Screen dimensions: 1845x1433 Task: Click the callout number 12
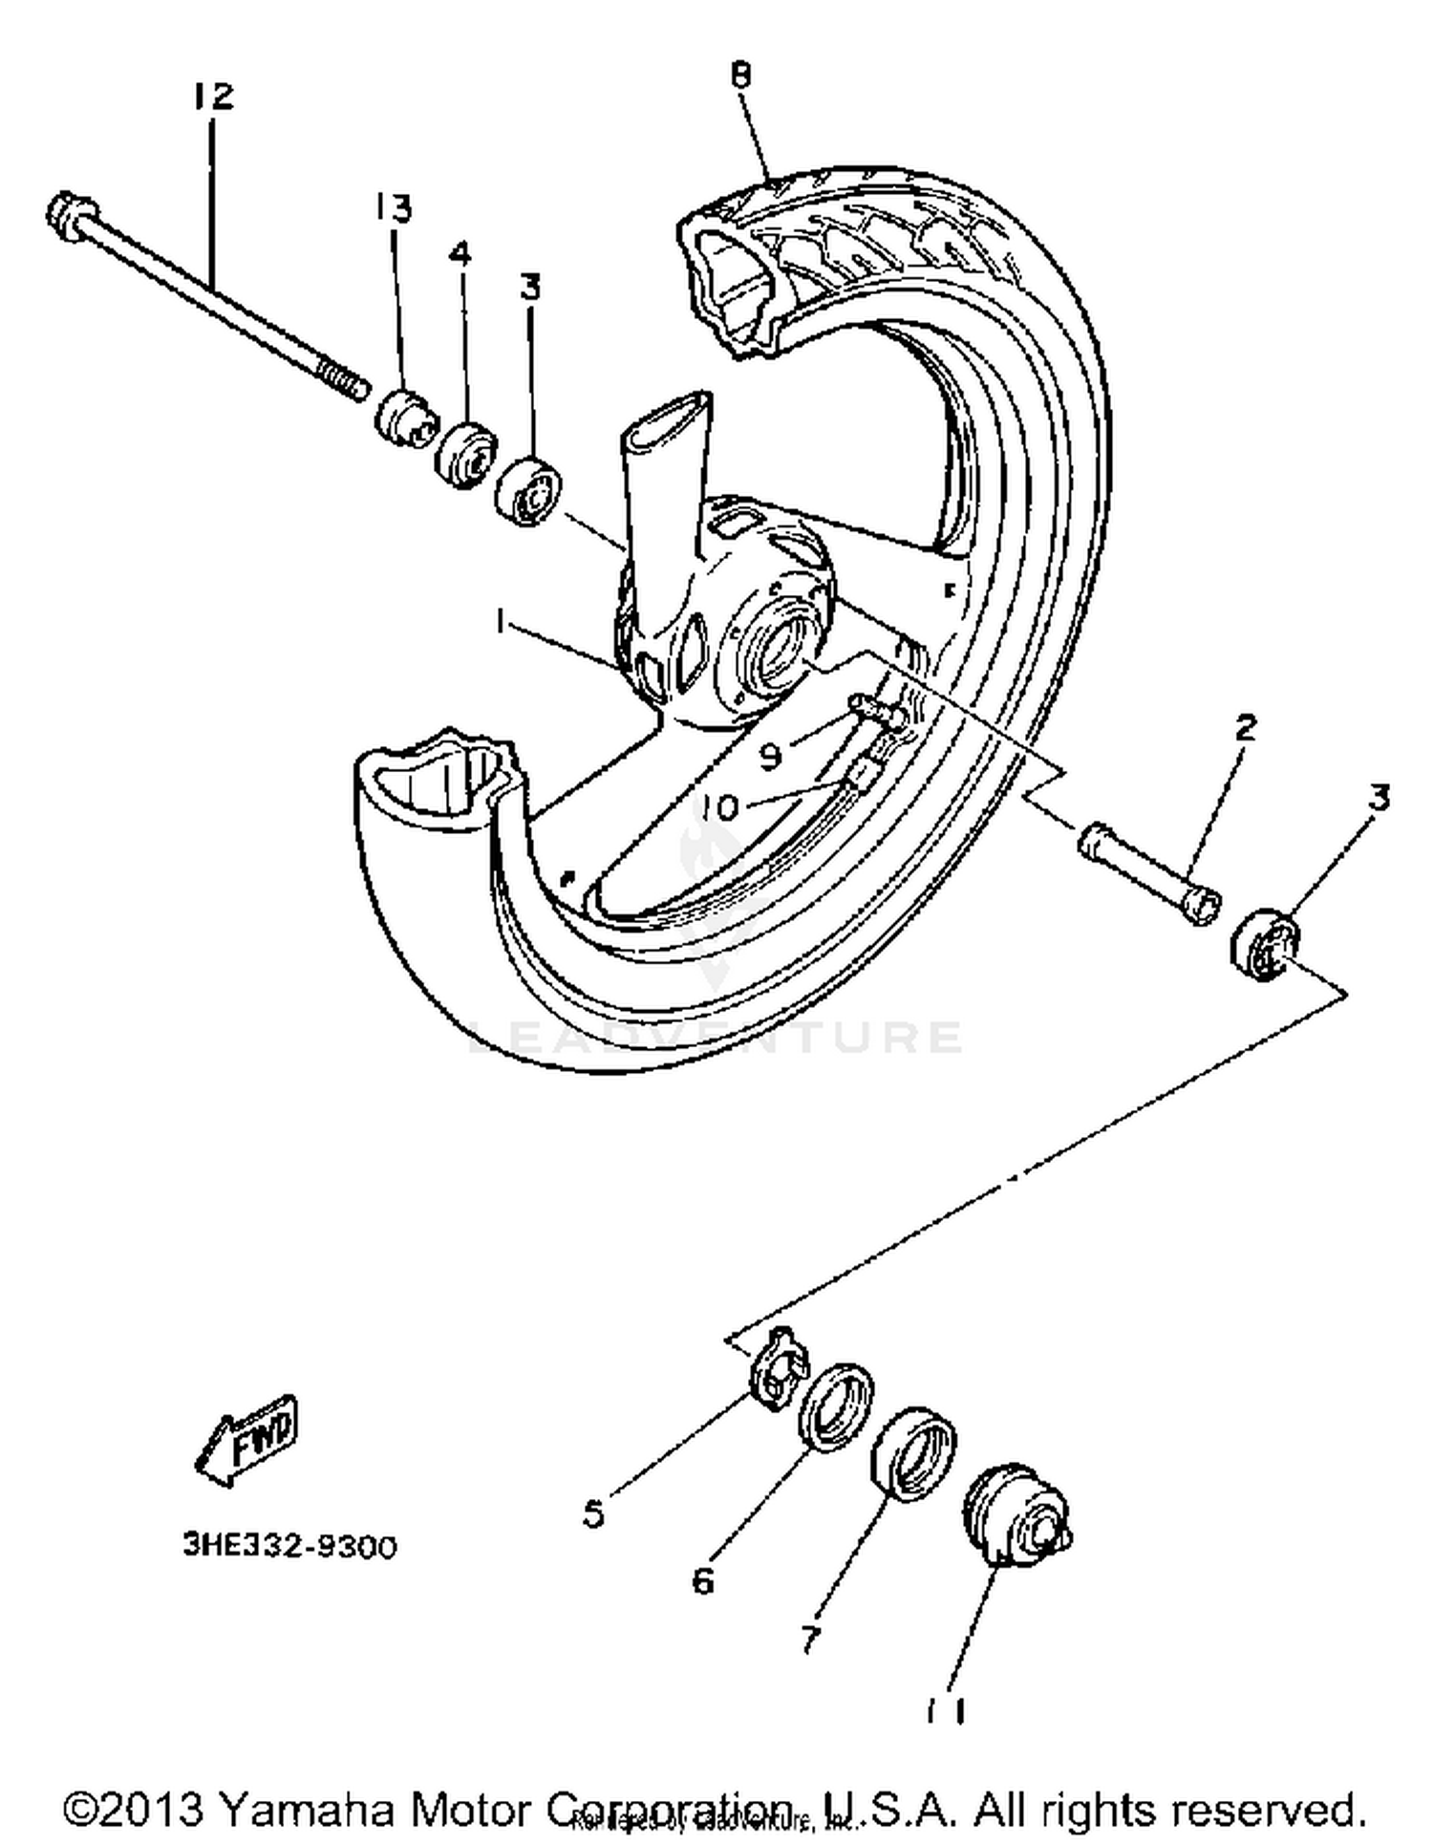pos(213,96)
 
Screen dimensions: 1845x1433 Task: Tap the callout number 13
pos(392,207)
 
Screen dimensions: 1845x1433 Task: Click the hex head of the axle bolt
pos(70,215)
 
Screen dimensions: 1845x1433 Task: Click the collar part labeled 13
pos(404,418)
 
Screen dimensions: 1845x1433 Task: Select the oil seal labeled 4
pos(466,454)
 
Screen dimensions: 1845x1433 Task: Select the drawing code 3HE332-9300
pos(289,1546)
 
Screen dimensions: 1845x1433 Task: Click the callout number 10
pos(718,808)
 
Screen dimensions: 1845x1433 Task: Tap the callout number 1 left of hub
pos(499,622)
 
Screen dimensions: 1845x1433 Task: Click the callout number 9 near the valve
pos(771,755)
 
